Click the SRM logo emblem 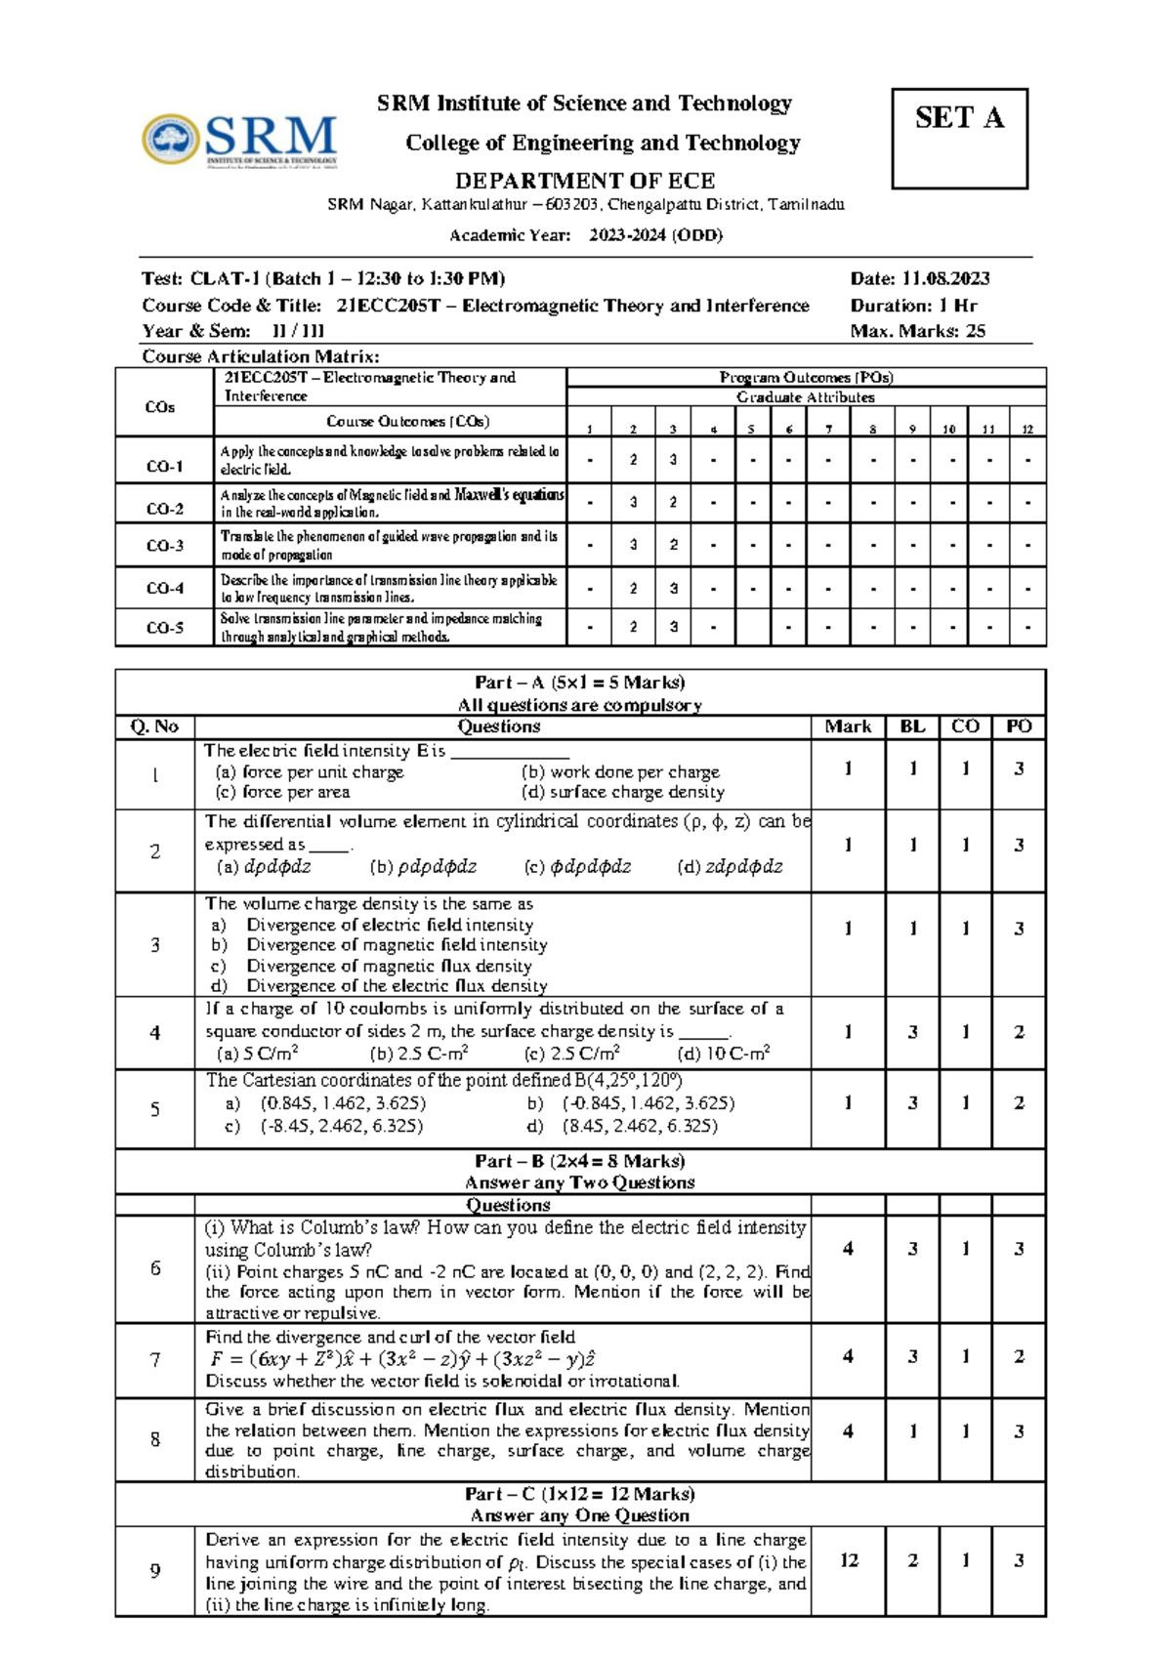coord(172,140)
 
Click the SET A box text coord(959,118)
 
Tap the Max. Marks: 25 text coord(917,331)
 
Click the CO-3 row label coord(164,546)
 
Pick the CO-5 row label coord(164,628)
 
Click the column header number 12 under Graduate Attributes coord(1026,429)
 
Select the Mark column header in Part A coord(848,726)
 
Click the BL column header coord(912,726)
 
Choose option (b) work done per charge coord(620,771)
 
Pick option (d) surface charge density coord(623,792)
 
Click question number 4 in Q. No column coord(154,1032)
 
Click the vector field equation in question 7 coord(402,1359)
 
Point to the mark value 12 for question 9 coord(848,1560)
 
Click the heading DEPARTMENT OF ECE coord(585,181)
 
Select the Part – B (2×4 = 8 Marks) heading coord(580,1161)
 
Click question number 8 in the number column coord(154,1439)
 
